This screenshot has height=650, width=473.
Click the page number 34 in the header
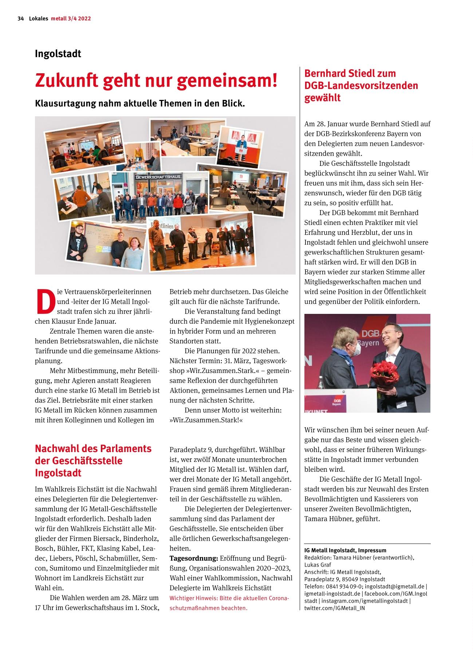20,19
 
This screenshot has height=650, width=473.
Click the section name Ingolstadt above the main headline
58,54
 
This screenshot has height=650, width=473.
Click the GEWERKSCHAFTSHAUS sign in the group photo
158,177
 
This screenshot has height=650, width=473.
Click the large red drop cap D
45,301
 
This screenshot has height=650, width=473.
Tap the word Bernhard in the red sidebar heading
327,73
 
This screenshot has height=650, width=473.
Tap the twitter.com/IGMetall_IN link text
334,608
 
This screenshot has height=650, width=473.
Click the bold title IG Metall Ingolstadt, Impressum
345,550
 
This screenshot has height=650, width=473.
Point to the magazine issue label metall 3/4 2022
71,19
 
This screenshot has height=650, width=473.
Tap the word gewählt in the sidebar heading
322,98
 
